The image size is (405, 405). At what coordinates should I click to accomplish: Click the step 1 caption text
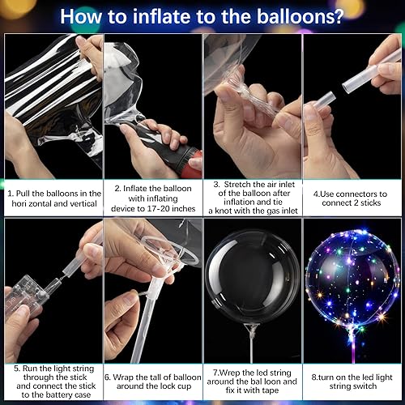[x=53, y=199]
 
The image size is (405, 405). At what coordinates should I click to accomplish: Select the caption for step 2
[x=153, y=199]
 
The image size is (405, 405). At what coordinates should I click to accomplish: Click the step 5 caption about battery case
[x=53, y=382]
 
